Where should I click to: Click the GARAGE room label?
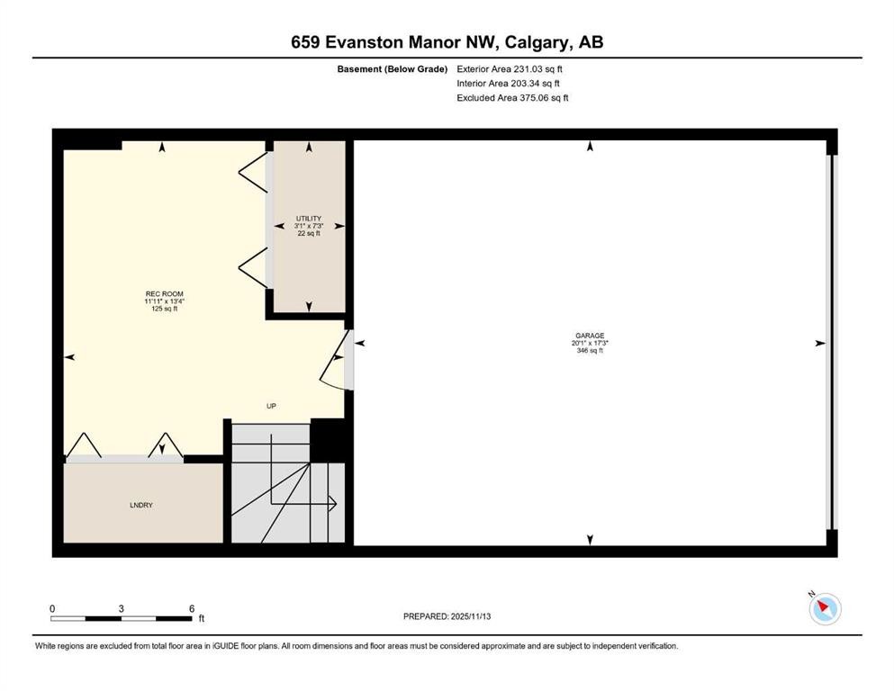pos(590,336)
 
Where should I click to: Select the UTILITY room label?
pos(309,219)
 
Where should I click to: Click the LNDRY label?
pos(141,506)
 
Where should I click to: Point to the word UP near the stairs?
pos(271,406)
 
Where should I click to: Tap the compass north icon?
pos(824,609)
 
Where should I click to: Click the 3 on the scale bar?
pos(121,608)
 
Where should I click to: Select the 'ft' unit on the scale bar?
pos(202,619)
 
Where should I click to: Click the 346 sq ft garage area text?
pos(590,351)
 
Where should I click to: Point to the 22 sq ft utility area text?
pos(309,234)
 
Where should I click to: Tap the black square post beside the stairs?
pos(328,440)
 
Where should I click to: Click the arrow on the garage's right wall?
pos(819,343)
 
